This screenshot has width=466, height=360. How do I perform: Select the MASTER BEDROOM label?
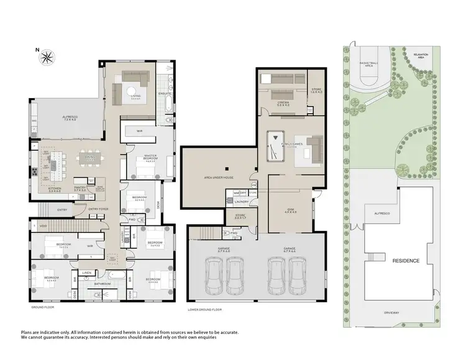point(150,157)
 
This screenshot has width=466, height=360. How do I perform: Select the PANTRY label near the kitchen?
point(79,187)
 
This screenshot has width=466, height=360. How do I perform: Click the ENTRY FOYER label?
point(98,209)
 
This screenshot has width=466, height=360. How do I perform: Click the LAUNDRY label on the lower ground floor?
point(242,201)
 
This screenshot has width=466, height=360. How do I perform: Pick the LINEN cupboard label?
point(86,272)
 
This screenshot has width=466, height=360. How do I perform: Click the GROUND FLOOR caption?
point(43,307)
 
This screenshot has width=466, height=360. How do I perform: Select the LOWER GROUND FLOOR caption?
point(204,308)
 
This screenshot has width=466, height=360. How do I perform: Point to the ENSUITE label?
point(165,94)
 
